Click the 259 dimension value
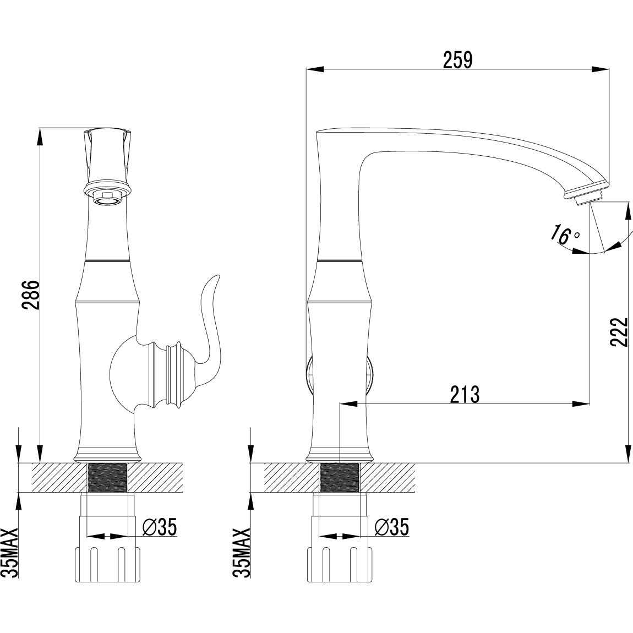457,60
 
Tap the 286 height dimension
31,294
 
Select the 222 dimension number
619,332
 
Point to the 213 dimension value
465,395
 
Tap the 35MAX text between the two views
242,553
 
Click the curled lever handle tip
219,276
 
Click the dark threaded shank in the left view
107,478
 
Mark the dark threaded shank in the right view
339,478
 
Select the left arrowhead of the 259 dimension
315,69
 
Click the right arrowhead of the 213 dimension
581,403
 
